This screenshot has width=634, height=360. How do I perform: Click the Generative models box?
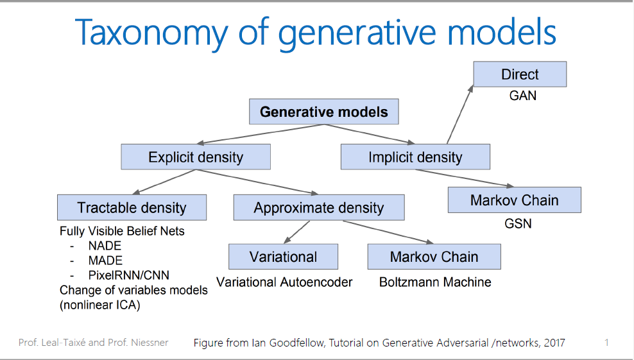click(323, 112)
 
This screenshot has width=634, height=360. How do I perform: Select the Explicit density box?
click(196, 157)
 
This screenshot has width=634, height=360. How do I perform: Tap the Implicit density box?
click(415, 157)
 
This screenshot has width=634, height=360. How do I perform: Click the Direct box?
click(520, 74)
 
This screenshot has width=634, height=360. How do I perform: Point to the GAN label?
click(522, 96)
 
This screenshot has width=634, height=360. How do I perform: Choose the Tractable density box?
click(132, 208)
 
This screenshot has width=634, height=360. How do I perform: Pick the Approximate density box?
click(318, 208)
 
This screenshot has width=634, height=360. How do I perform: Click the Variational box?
click(283, 257)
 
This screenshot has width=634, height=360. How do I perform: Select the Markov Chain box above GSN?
click(514, 200)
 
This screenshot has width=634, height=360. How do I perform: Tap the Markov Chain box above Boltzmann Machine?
click(434, 257)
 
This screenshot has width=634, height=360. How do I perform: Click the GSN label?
click(517, 224)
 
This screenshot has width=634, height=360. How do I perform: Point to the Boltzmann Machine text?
click(435, 282)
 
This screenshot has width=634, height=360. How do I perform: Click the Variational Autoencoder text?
click(284, 282)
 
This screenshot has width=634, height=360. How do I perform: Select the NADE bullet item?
click(105, 246)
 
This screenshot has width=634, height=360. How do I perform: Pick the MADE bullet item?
click(105, 261)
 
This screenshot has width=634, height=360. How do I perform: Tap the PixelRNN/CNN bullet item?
click(128, 275)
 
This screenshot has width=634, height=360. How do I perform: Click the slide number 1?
click(606, 343)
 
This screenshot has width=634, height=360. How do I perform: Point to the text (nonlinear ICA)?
click(99, 305)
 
